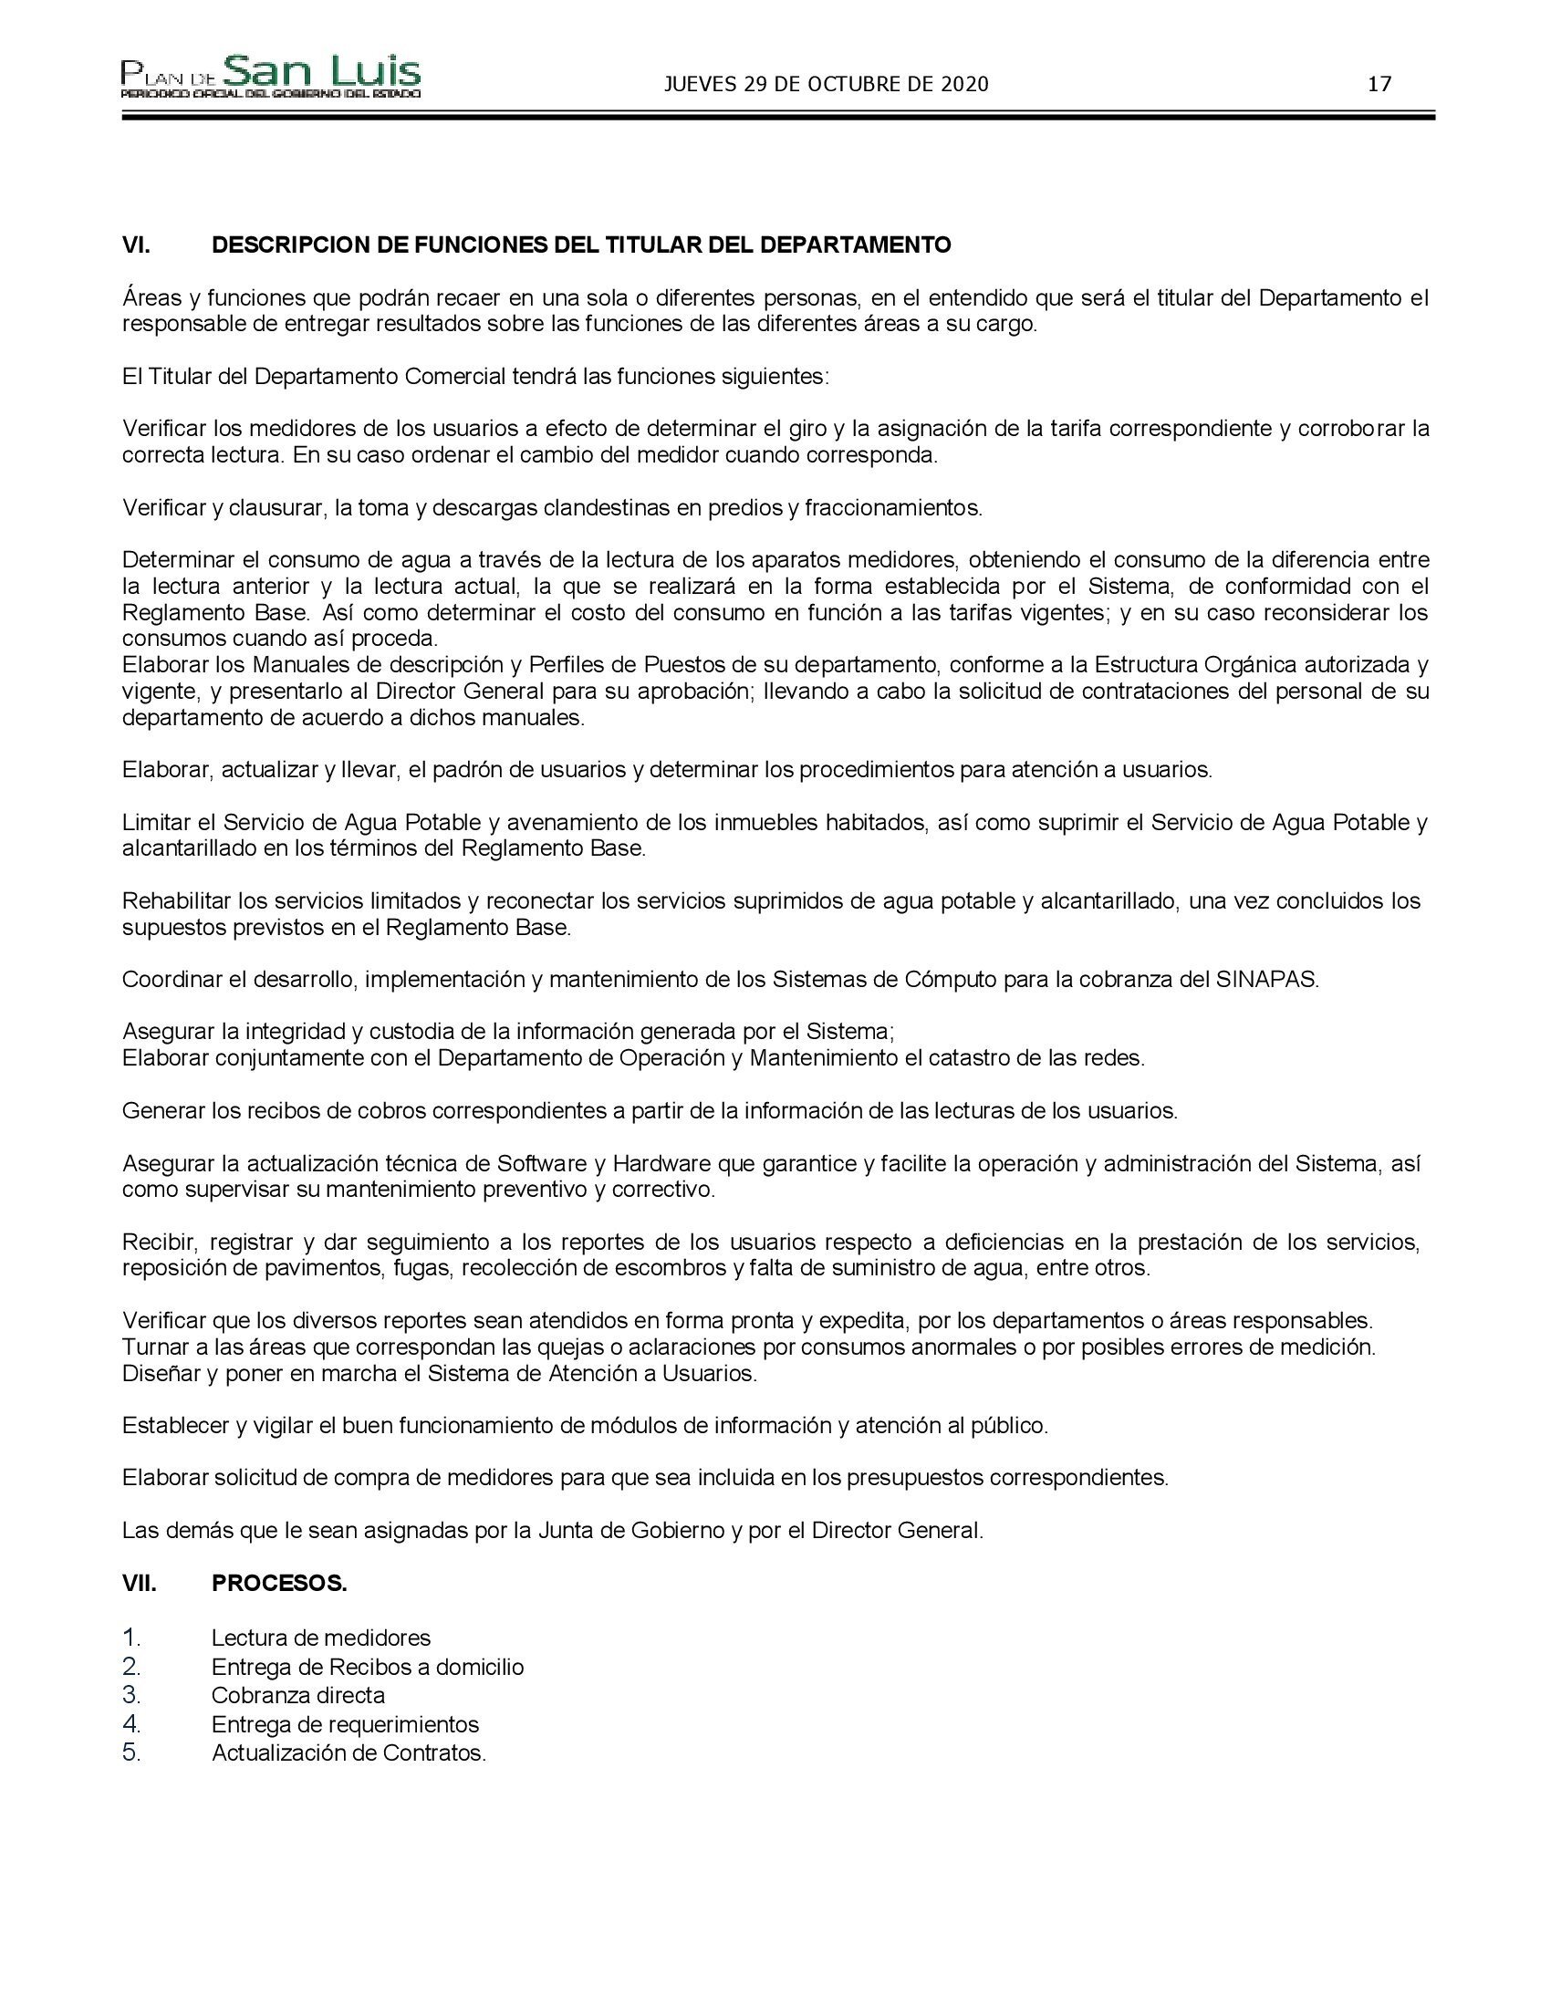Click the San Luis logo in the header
tap(271, 77)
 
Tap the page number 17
tap(1379, 85)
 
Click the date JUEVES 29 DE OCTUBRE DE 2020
tap(826, 85)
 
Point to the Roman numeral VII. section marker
tap(140, 1584)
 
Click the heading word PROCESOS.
tap(279, 1584)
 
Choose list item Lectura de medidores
tap(320, 1638)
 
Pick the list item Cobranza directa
tap(297, 1695)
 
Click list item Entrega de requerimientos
tap(345, 1724)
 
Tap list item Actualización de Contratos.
tap(349, 1752)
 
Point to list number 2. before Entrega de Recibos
tap(131, 1666)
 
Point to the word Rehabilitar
tap(176, 900)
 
